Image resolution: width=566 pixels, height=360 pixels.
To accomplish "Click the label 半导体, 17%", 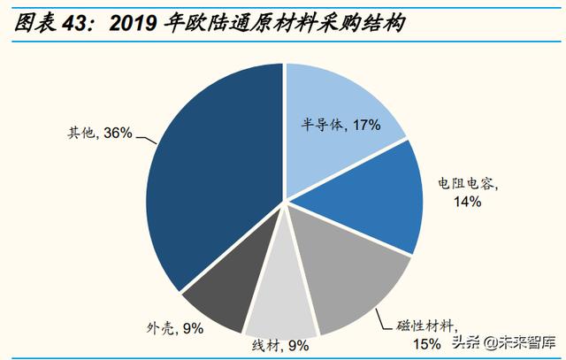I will [340, 126].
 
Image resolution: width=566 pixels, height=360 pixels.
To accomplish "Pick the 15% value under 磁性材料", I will [428, 343].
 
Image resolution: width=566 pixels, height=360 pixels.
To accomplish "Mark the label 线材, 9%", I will [281, 346].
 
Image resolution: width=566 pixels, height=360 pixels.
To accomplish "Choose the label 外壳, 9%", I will [175, 328].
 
